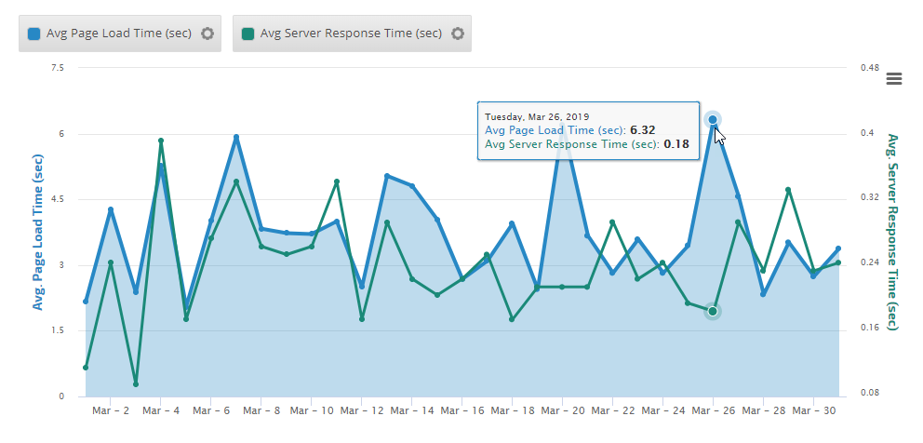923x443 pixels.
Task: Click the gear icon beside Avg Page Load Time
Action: [207, 34]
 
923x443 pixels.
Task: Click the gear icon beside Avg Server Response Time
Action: [457, 34]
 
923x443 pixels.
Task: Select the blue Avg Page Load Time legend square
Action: [34, 34]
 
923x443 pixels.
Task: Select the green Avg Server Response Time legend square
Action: [247, 34]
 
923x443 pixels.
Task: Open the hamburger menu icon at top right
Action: [894, 78]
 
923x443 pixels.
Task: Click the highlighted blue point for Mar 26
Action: [713, 119]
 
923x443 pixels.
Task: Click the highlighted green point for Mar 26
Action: [713, 311]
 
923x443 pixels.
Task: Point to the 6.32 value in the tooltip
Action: [643, 130]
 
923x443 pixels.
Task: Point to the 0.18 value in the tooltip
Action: [676, 144]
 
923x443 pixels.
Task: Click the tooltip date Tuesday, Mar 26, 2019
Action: [537, 116]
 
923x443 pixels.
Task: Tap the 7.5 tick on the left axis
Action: [58, 68]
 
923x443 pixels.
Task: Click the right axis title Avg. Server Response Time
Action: [892, 231]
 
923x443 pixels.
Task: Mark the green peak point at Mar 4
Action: [161, 141]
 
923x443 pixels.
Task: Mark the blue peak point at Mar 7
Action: [236, 137]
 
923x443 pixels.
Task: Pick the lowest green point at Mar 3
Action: [136, 384]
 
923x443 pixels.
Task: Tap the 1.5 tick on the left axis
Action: [58, 330]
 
